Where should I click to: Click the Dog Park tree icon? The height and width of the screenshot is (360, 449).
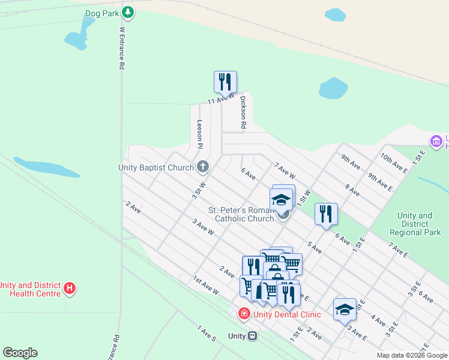(x=127, y=12)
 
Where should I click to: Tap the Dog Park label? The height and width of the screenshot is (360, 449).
(x=102, y=12)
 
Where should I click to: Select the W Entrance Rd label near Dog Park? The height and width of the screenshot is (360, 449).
(x=122, y=47)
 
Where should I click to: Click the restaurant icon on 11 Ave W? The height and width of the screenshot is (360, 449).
(x=225, y=82)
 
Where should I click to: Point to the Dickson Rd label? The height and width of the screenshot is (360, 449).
(x=243, y=113)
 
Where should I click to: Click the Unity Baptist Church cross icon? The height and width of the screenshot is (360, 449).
(x=203, y=166)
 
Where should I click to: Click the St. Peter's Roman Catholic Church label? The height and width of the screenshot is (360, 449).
(x=241, y=214)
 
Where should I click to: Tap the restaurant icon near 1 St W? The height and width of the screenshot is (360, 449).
(x=326, y=214)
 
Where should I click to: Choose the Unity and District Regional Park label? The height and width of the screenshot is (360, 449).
(x=419, y=224)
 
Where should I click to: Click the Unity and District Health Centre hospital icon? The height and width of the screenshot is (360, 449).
(x=70, y=289)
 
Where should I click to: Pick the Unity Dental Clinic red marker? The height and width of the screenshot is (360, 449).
(x=244, y=313)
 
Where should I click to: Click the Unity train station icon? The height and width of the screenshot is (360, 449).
(x=253, y=336)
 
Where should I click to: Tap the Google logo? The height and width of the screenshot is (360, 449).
(x=20, y=353)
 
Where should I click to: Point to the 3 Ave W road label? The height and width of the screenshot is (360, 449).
(x=203, y=226)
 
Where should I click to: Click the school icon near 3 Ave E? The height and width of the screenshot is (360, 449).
(x=345, y=310)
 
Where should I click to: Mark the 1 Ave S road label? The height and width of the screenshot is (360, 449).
(x=206, y=334)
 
